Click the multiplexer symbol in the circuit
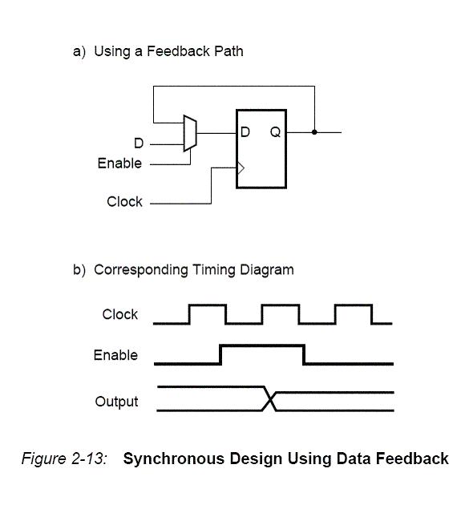(x=190, y=133)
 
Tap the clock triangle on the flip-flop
(x=241, y=168)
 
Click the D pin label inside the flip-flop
(x=245, y=131)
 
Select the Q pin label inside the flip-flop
(x=276, y=132)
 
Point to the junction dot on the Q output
(x=314, y=132)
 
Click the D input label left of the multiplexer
(x=139, y=143)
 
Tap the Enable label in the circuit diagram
(x=119, y=164)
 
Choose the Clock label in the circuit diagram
(x=124, y=202)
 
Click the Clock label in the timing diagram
(x=119, y=314)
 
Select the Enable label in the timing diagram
(x=115, y=355)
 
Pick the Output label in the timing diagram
(x=116, y=402)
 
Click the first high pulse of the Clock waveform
(x=208, y=305)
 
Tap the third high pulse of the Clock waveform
(x=354, y=305)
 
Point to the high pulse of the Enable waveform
(x=262, y=346)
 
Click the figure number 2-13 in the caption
(x=88, y=458)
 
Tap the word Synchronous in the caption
(x=174, y=459)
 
